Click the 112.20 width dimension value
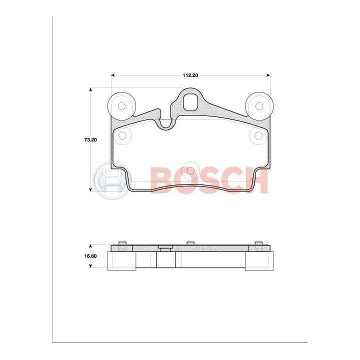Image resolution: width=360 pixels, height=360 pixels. (190, 75)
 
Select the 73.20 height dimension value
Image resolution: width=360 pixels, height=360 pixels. (90, 139)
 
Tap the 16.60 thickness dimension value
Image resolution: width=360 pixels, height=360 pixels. (90, 256)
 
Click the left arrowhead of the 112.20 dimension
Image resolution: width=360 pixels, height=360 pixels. (112, 75)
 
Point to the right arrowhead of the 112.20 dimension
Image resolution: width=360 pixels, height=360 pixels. (268, 75)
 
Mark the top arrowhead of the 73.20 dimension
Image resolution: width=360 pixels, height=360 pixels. (90, 90)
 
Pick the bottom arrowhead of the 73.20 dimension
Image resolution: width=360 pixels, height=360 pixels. (90, 189)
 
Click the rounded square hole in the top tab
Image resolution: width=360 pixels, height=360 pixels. (190, 102)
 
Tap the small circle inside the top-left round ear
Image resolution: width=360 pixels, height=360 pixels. (121, 106)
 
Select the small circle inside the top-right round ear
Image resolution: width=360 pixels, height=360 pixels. (259, 106)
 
